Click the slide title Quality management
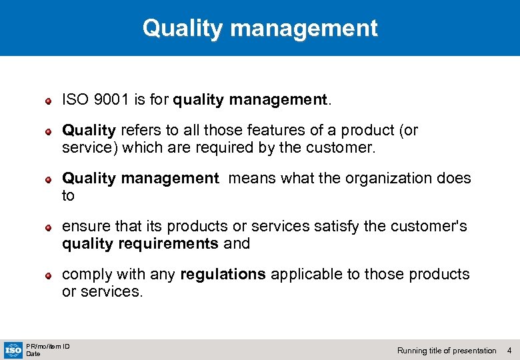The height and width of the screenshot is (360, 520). pos(260,28)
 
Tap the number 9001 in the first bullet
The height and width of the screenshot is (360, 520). pos(109,101)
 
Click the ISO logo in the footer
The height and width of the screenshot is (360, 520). pos(13,349)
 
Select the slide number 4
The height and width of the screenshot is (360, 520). pos(509,350)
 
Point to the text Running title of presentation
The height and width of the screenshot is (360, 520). pos(447,350)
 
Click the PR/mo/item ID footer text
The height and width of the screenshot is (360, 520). pos(48,346)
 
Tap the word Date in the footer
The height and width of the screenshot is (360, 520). pos(33,354)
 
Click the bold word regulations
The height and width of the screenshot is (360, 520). pos(223,274)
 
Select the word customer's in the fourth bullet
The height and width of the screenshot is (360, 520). pos(433,227)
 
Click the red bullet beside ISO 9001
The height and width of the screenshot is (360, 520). pos(48,101)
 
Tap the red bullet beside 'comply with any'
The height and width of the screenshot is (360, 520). pos(48,275)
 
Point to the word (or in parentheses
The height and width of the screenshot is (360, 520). pos(407,130)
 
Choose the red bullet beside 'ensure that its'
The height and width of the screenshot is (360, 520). pos(48,227)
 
